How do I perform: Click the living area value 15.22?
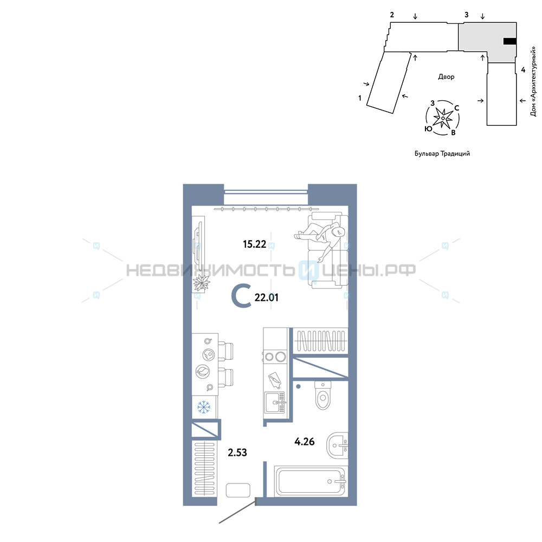click(x=254, y=244)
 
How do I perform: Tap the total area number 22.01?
click(x=266, y=297)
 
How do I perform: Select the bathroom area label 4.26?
click(x=305, y=441)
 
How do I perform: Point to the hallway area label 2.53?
click(x=237, y=452)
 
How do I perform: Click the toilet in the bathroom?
click(x=323, y=395)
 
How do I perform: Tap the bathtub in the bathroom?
click(x=311, y=481)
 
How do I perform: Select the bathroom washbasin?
click(x=337, y=445)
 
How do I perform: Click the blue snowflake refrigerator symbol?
click(x=204, y=407)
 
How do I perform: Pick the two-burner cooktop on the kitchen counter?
click(x=275, y=357)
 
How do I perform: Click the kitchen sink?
click(x=275, y=402)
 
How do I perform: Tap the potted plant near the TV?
click(x=201, y=283)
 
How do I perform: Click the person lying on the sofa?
click(x=320, y=239)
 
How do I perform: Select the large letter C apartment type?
click(x=241, y=296)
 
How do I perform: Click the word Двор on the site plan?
click(x=446, y=77)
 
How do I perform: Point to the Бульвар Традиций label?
click(x=442, y=153)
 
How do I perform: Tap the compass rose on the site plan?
click(x=443, y=118)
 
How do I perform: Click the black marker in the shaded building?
click(x=510, y=42)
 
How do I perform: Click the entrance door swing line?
click(x=237, y=511)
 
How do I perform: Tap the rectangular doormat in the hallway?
click(x=238, y=490)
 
